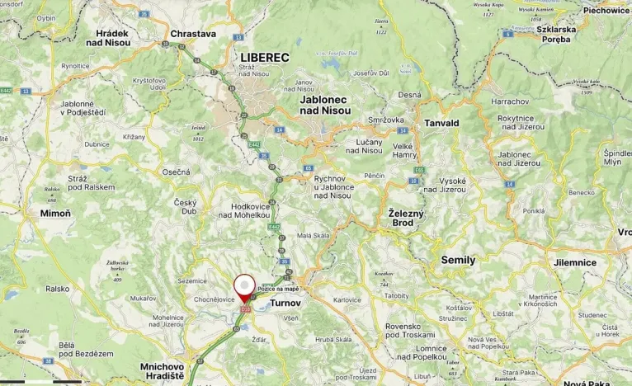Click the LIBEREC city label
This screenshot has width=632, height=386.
point(265,57)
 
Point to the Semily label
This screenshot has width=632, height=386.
point(458,260)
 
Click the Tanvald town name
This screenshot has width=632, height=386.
point(441,123)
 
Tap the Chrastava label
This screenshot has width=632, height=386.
point(192,34)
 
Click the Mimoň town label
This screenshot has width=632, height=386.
point(55,213)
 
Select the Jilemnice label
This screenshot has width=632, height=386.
point(575,262)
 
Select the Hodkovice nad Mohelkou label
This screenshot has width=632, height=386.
point(239,209)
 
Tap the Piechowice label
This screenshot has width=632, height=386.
point(606,11)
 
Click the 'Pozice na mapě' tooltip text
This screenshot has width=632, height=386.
point(278,289)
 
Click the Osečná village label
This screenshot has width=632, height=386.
point(176,172)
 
